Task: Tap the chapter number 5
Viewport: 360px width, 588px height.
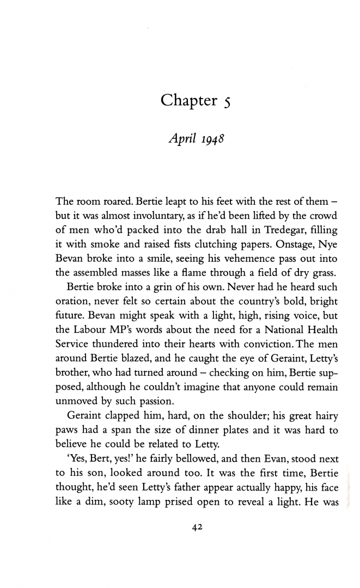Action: tap(228, 102)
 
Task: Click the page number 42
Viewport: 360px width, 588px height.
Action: tap(196, 526)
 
